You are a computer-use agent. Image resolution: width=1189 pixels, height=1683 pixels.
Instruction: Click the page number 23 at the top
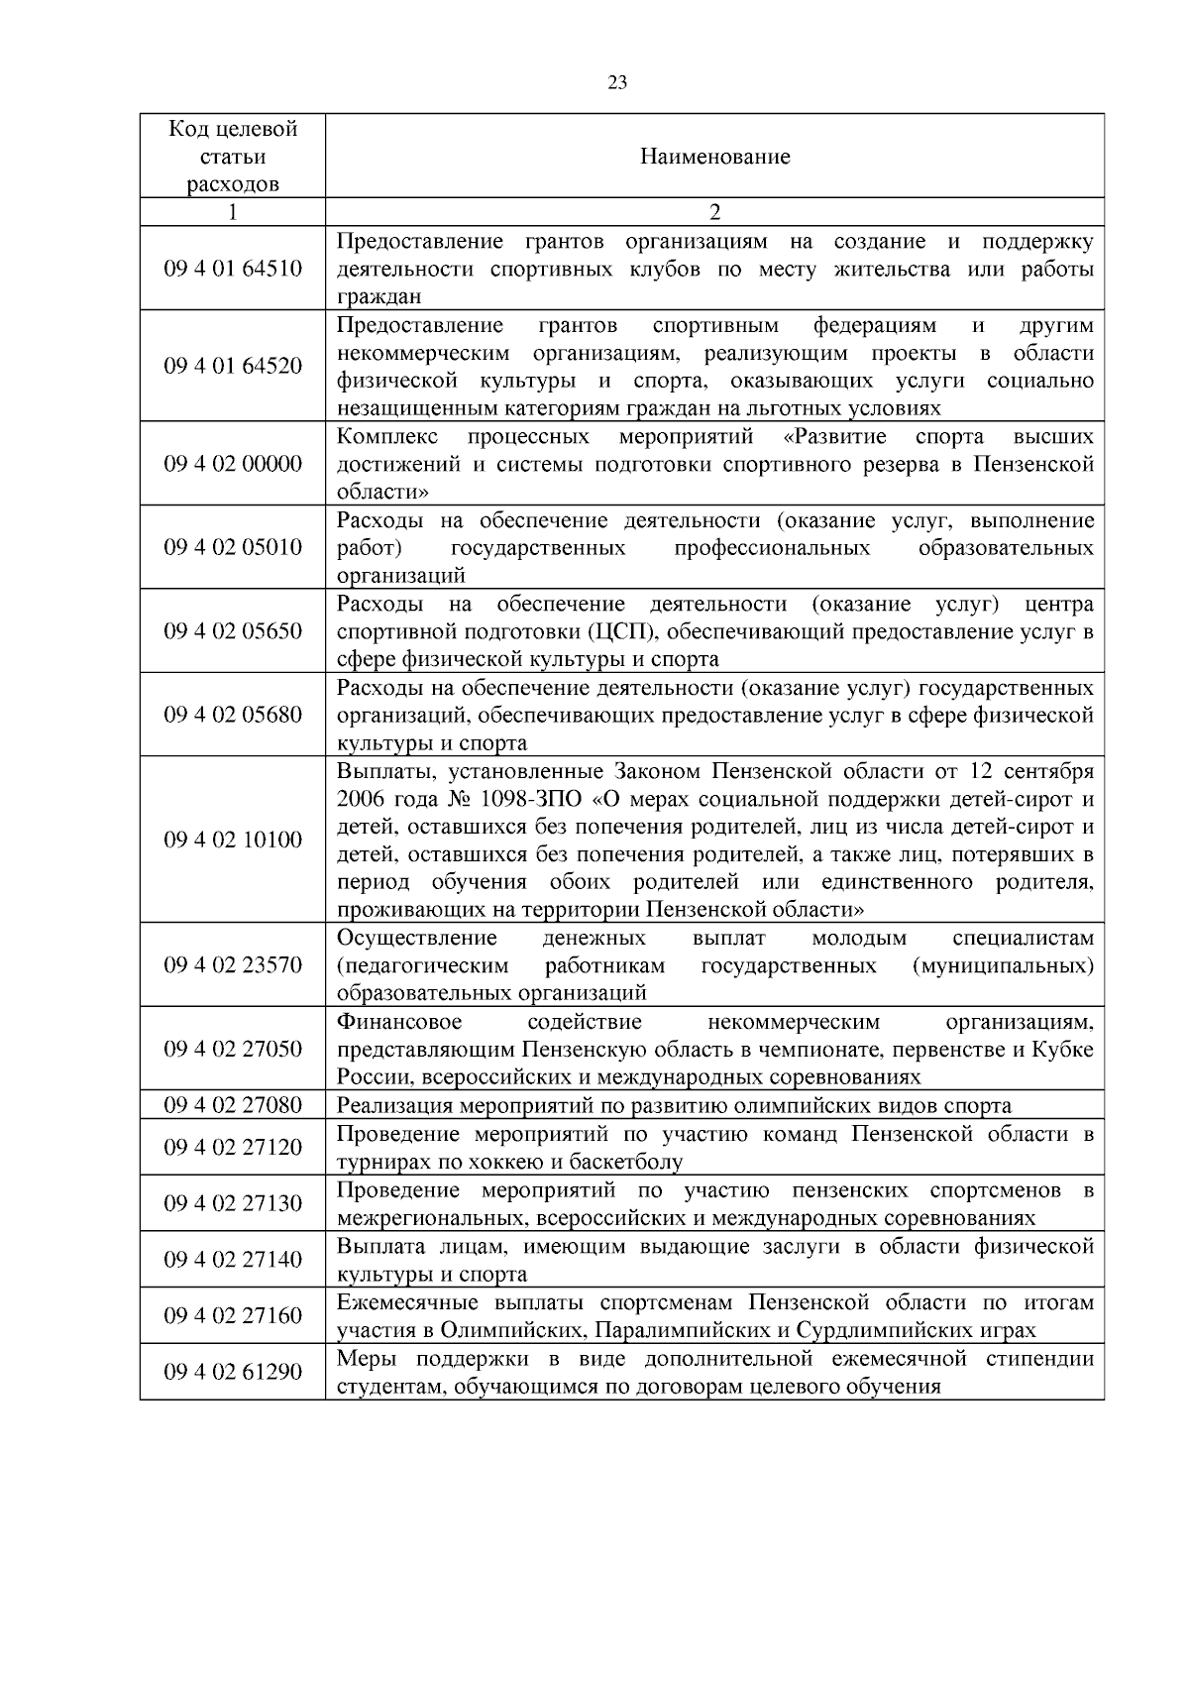(616, 84)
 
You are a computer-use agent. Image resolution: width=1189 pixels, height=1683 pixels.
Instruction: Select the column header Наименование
(714, 157)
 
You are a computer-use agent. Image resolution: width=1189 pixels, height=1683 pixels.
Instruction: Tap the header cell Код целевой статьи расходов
(233, 157)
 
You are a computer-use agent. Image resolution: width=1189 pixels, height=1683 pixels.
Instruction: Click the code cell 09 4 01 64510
(233, 269)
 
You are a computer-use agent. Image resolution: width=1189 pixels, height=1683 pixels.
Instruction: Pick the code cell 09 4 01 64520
(233, 366)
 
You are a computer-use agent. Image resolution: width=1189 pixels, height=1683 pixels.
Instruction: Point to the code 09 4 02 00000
(233, 464)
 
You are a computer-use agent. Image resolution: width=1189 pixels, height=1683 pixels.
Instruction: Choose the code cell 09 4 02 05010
(233, 547)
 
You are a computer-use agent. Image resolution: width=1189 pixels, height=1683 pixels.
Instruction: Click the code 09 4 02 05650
(233, 631)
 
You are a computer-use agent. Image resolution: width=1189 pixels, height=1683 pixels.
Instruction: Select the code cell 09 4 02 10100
(233, 840)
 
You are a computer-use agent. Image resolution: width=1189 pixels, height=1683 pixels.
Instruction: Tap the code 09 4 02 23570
(233, 964)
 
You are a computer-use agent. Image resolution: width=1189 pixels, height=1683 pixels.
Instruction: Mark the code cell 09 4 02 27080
(233, 1105)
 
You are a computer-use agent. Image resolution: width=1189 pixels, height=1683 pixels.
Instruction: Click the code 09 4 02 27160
(233, 1315)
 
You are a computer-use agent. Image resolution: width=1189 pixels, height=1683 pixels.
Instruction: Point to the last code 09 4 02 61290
(233, 1372)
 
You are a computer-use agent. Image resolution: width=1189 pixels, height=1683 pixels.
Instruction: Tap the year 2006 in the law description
(360, 800)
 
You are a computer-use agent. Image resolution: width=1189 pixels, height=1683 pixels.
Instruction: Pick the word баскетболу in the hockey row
(634, 1162)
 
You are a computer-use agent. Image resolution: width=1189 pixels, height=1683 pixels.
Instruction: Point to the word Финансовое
(399, 1022)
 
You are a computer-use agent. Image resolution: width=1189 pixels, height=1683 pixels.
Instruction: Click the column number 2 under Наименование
(714, 212)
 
